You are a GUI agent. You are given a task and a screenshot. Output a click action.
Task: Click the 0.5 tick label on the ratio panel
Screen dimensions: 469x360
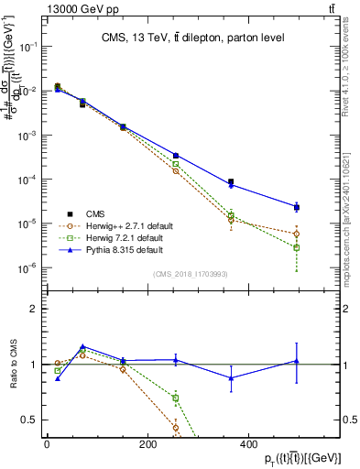[x=30, y=420]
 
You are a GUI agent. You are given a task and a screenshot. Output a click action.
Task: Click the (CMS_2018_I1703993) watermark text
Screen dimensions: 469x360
[x=191, y=272]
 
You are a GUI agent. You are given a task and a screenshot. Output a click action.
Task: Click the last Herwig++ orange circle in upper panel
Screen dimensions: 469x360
[x=296, y=234]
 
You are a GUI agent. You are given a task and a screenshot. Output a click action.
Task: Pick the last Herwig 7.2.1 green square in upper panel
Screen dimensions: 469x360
[x=296, y=247]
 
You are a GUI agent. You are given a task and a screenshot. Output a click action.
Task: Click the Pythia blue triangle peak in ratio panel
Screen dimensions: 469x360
[x=82, y=347]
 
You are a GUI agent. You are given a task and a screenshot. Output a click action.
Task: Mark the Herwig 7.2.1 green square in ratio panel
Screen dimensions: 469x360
[x=176, y=398]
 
